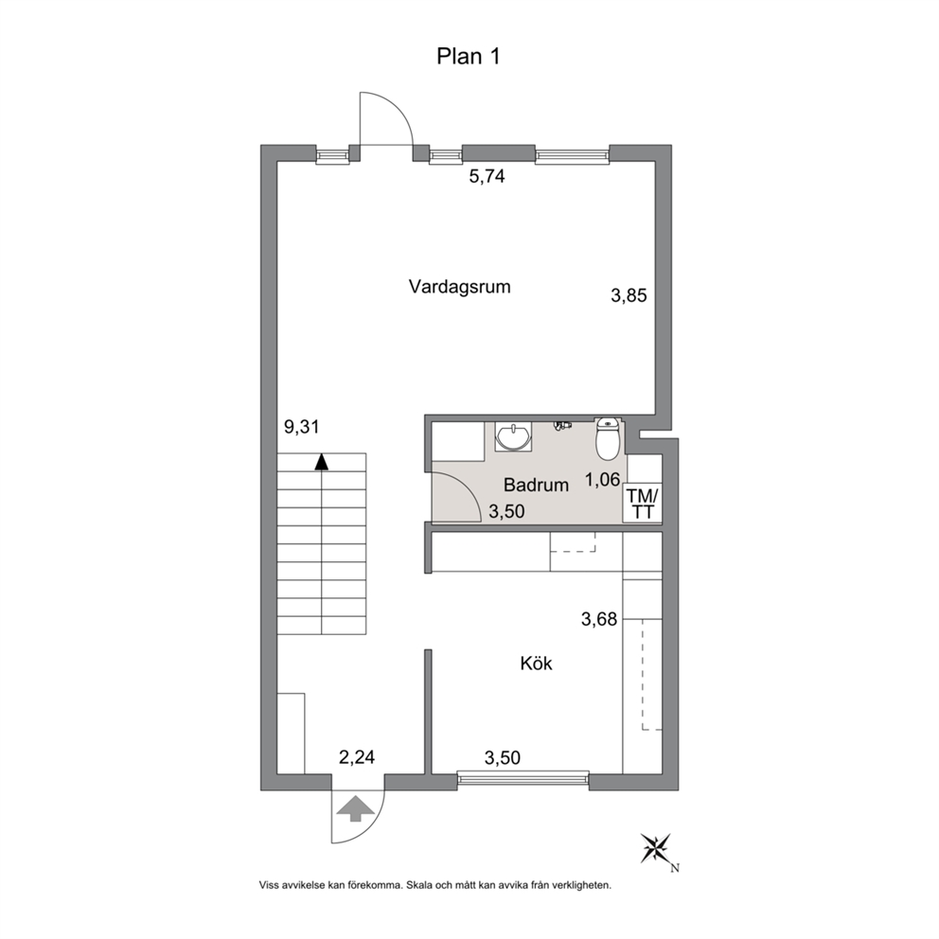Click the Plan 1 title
(x=469, y=56)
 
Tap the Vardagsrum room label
(x=459, y=287)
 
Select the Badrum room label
(x=536, y=485)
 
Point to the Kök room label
(x=536, y=663)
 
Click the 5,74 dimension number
(x=487, y=177)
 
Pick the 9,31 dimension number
(x=301, y=427)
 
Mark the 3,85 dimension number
(x=629, y=295)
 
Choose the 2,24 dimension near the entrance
(x=356, y=757)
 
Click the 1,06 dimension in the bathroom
(x=602, y=479)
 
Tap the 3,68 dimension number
(x=599, y=619)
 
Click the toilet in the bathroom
(x=608, y=439)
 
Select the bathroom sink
(x=513, y=435)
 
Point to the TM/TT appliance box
(x=643, y=503)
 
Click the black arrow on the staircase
(x=322, y=462)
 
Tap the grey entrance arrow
(x=355, y=808)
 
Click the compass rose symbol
(x=656, y=848)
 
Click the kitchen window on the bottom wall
(x=523, y=778)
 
